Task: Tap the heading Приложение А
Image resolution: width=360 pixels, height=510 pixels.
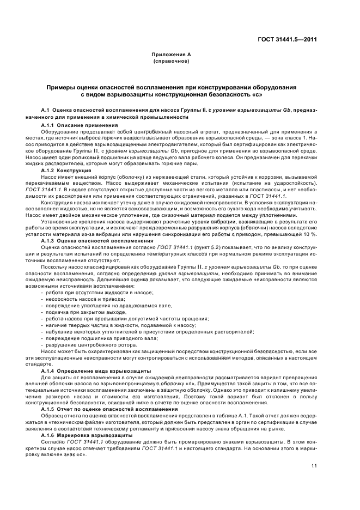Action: [x=171, y=56]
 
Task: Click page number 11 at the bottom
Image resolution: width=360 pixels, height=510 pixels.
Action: [x=314, y=465]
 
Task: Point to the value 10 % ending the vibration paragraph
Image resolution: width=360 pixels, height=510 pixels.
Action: [x=310, y=234]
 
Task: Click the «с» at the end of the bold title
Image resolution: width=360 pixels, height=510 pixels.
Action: [x=256, y=95]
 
